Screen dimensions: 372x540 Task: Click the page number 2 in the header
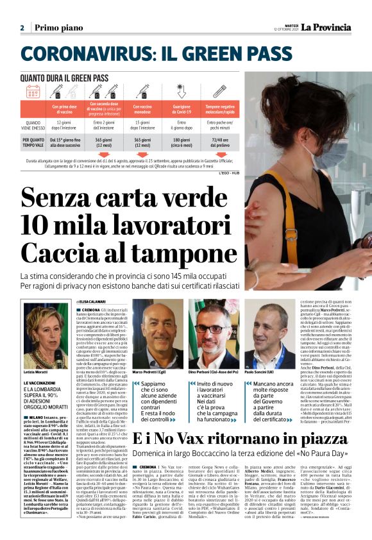[22, 28]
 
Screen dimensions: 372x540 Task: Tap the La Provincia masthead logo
[323, 27]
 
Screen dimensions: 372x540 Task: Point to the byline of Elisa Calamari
[94, 300]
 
